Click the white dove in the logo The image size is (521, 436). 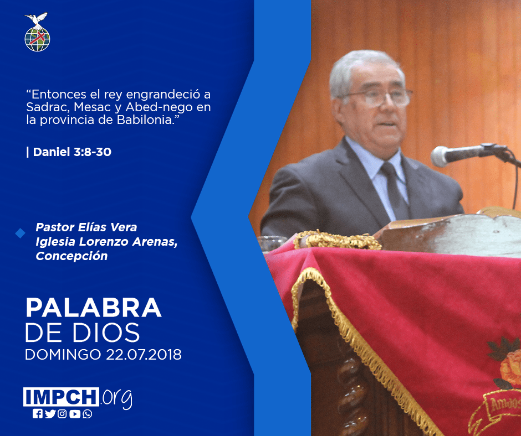(x=37, y=20)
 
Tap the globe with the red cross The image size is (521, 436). (x=37, y=39)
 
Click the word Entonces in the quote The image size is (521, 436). (x=58, y=94)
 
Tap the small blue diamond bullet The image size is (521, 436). (x=21, y=233)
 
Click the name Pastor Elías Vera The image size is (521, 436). (x=86, y=227)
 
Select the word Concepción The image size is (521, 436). (x=71, y=256)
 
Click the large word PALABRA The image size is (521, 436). (x=93, y=308)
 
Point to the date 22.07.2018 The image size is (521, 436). (x=144, y=354)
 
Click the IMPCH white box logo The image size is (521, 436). (x=61, y=397)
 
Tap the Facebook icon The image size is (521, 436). (x=38, y=414)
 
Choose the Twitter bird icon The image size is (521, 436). (x=50, y=414)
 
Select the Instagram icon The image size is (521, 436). (x=62, y=414)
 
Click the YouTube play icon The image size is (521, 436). (x=75, y=414)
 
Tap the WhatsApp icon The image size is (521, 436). (x=88, y=414)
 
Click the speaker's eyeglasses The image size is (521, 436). (x=379, y=97)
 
